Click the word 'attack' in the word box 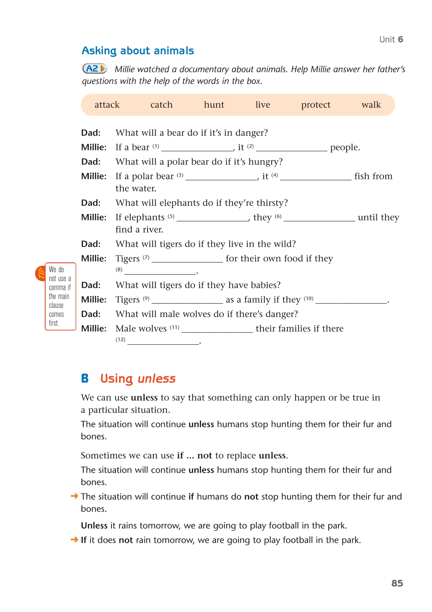coord(107,105)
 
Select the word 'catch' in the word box coord(162,105)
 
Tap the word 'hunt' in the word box coord(214,105)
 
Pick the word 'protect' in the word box coord(316,105)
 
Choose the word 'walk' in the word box coord(371,105)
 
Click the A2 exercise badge coord(94,69)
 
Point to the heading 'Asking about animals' coord(138,51)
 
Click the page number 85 coord(397,583)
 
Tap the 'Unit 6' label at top coord(391,40)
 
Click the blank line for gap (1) coord(197,149)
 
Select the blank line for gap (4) coord(316,178)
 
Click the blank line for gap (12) coord(163,343)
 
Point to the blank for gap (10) coord(351,301)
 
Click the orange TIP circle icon coord(40,273)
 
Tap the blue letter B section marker coord(85,379)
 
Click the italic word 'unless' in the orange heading coord(157,379)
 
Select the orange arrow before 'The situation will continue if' coord(74,496)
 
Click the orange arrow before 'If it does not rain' coord(74,540)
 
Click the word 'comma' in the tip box coord(57,288)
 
